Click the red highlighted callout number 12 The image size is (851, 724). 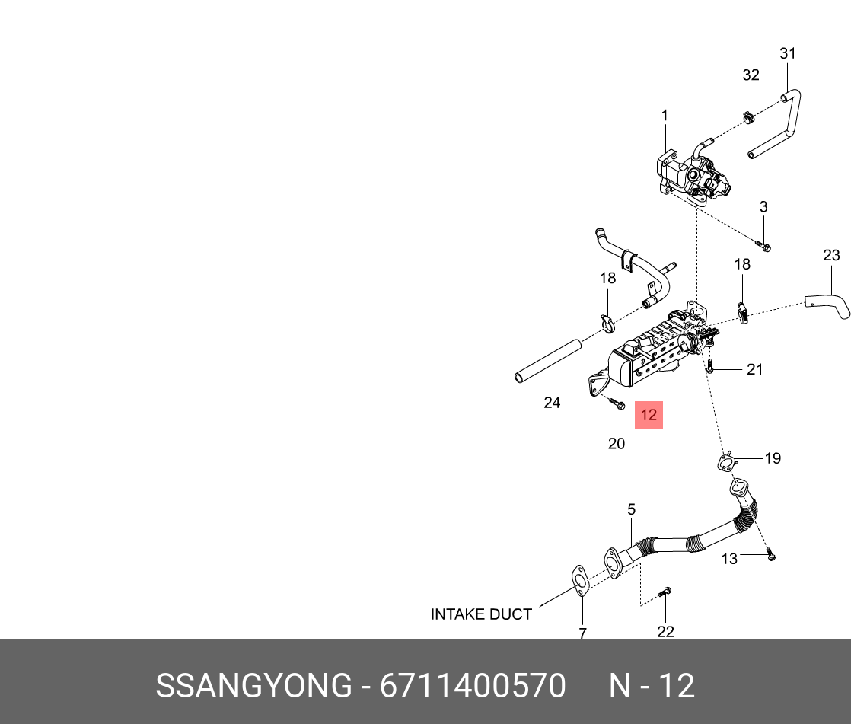649,416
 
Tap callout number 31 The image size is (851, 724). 788,53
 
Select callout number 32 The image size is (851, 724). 751,75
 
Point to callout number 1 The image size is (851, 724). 665,115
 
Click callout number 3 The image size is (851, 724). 763,207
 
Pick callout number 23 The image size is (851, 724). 831,255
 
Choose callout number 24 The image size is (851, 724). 552,403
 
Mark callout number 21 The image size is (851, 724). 754,370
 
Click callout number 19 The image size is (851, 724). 773,458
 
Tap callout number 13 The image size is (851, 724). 729,559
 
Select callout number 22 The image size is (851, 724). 665,631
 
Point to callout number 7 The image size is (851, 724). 582,633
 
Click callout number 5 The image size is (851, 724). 631,509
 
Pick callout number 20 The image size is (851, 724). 617,443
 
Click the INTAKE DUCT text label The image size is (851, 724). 481,614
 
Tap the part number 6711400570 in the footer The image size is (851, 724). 473,686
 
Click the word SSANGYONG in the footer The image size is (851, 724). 254,686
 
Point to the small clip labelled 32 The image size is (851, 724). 747,118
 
